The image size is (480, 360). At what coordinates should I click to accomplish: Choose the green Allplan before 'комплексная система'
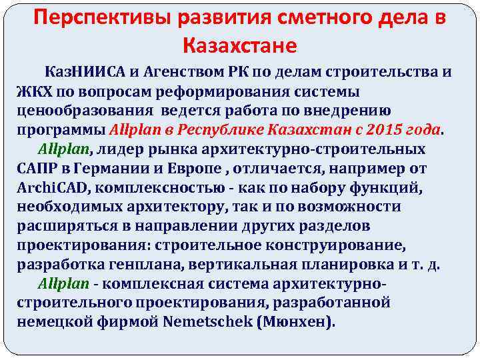(64, 283)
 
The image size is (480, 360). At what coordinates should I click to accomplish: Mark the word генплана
(146, 263)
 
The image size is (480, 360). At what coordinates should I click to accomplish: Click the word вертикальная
(247, 263)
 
